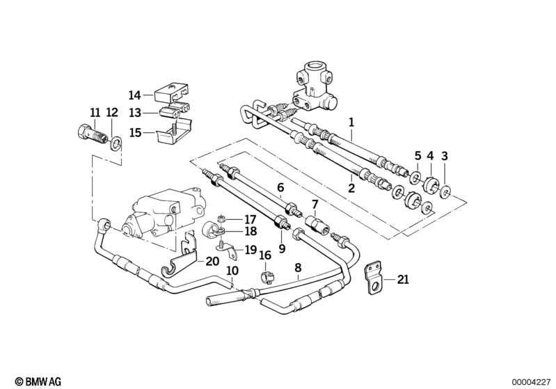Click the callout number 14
(135, 95)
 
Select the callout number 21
(403, 280)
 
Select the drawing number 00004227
(532, 382)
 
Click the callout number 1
(351, 121)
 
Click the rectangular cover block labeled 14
(173, 95)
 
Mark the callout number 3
(445, 155)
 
